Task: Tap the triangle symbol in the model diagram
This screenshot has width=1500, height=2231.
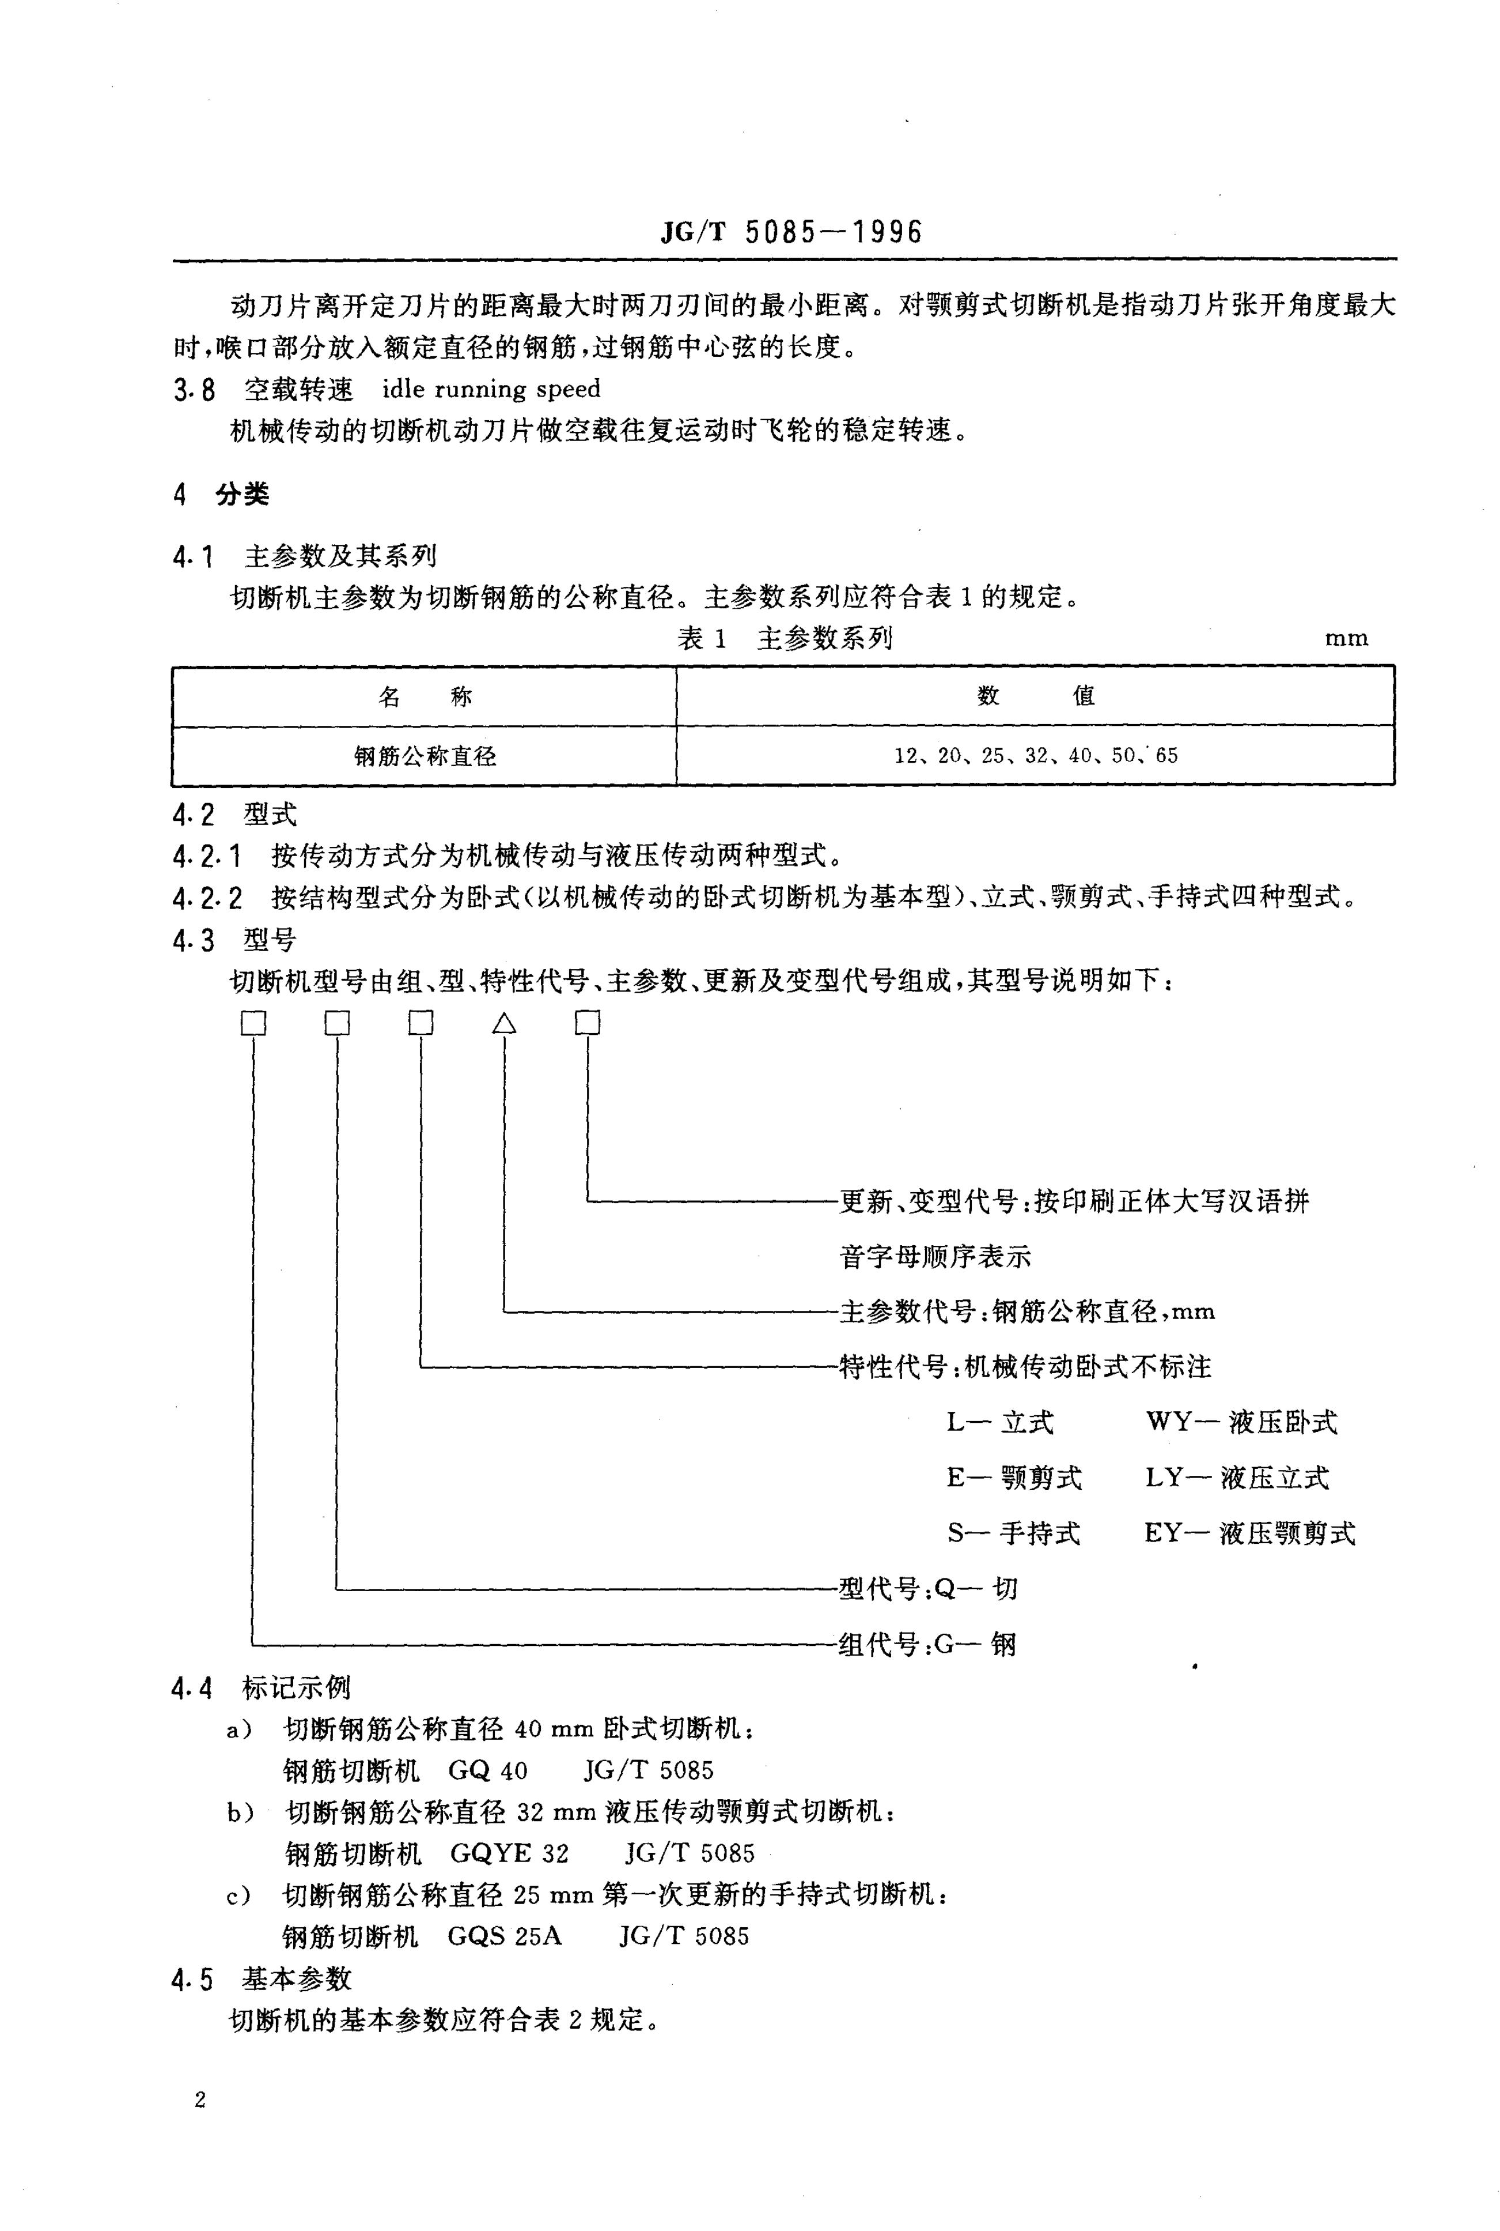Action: coord(504,1024)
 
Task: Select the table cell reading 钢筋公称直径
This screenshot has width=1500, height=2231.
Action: coord(425,756)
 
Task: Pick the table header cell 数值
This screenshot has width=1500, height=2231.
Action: coord(1035,696)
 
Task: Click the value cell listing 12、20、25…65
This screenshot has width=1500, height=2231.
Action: coord(1035,756)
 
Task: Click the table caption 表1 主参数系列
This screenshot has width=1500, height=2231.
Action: coord(785,638)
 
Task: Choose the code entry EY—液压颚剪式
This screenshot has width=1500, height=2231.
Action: coord(1249,1533)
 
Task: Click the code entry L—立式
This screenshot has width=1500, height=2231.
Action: coord(999,1422)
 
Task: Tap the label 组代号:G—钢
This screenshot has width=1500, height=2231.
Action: coord(927,1644)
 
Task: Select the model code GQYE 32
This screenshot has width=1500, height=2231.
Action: coord(509,1854)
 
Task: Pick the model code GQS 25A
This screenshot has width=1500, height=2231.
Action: coord(504,1936)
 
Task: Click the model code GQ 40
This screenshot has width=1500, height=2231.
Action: coord(487,1770)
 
